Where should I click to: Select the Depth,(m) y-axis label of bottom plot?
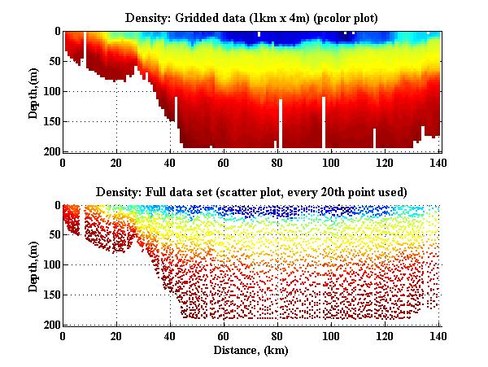[x=33, y=265]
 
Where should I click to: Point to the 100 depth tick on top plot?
[x=52, y=91]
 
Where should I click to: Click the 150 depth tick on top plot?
[x=52, y=121]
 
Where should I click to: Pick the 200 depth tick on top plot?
[x=52, y=151]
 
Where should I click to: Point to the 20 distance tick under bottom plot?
[x=116, y=335]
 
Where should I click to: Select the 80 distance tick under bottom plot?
[x=277, y=335]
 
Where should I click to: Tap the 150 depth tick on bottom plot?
[x=52, y=295]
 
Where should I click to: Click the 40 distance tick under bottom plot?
[x=170, y=335]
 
